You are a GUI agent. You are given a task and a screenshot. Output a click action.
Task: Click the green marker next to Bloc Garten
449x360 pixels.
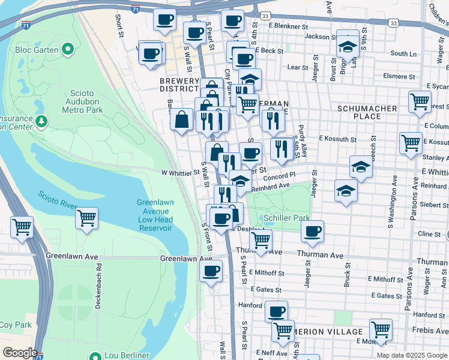(x=68, y=48)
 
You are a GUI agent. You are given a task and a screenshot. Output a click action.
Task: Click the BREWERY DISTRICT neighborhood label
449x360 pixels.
(x=179, y=85)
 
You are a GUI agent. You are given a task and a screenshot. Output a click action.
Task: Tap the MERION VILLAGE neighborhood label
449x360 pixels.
(x=328, y=332)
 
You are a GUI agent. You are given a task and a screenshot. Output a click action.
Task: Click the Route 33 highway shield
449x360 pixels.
(x=393, y=22)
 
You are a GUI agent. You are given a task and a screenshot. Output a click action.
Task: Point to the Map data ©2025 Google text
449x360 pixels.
(x=411, y=355)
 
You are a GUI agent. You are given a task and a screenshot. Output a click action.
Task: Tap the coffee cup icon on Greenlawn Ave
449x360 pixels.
(x=210, y=272)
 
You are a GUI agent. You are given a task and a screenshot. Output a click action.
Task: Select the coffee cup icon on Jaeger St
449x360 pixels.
(x=312, y=232)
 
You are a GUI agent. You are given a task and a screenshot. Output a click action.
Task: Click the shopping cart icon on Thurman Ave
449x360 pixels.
(x=260, y=241)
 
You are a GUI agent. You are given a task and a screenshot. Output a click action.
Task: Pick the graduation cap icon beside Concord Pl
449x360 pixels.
(x=240, y=181)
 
